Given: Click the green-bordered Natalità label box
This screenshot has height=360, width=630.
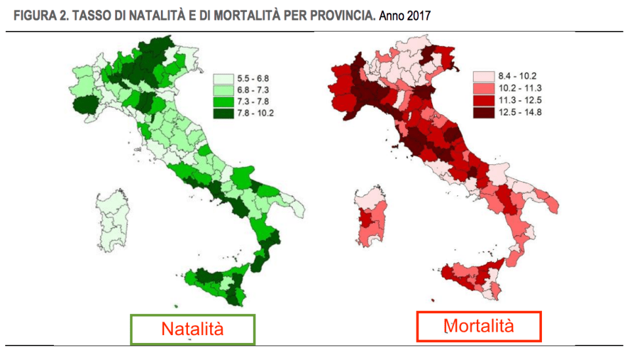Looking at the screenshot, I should (192, 329).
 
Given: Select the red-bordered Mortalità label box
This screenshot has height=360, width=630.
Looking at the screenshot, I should (479, 326).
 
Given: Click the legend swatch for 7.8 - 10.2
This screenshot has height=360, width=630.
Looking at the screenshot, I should (223, 112).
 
